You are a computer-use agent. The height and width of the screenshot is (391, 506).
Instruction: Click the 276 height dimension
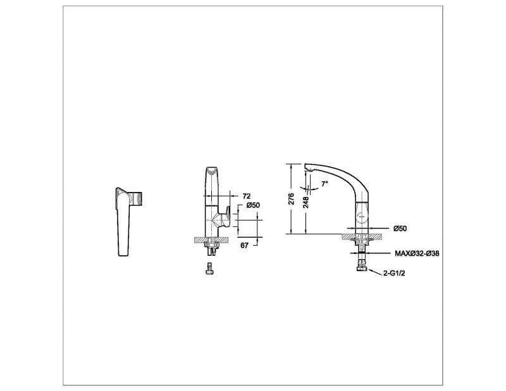pyautogui.click(x=292, y=199)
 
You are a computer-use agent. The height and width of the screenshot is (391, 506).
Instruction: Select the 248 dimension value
pyautogui.click(x=306, y=202)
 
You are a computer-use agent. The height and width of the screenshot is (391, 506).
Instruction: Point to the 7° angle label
pyautogui.click(x=324, y=184)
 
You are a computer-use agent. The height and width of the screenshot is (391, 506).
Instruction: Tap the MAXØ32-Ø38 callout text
pyautogui.click(x=417, y=253)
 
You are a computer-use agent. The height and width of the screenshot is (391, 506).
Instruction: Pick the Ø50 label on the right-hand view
pyautogui.click(x=400, y=228)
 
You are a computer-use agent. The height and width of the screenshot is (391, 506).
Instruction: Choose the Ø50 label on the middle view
pyautogui.click(x=253, y=205)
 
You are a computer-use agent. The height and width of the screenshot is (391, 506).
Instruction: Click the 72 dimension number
pyautogui.click(x=247, y=196)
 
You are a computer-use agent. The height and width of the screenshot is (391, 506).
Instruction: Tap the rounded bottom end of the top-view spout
pyautogui.click(x=124, y=253)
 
